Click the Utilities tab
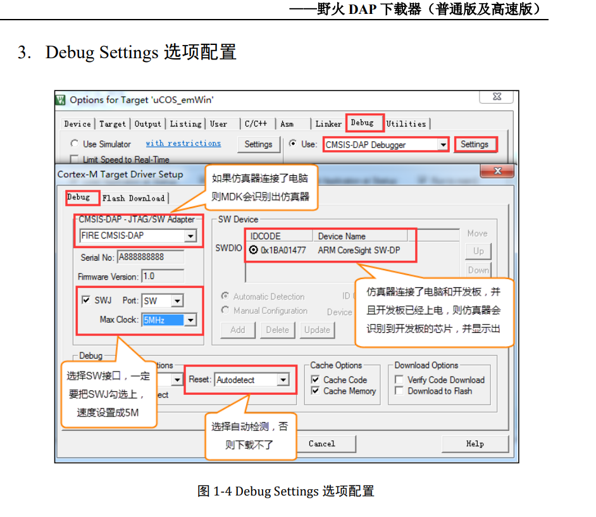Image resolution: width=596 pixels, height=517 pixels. coord(406,124)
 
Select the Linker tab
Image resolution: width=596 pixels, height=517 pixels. coord(328,124)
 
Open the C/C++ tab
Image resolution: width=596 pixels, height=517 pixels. coord(256,124)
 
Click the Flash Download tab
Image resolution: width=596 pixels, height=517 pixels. coord(133,198)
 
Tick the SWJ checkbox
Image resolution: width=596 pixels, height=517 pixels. coord(86,300)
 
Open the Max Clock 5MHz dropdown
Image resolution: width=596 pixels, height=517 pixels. coord(190,320)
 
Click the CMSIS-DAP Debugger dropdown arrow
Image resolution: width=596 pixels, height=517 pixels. coord(443,145)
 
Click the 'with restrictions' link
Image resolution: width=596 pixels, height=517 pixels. coord(183,144)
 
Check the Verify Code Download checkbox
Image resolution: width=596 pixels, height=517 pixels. coord(399,380)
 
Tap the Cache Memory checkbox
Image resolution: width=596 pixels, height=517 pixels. coord(315,391)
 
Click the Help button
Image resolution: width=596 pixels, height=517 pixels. coord(475,444)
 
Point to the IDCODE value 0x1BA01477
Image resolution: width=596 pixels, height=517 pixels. coord(283,250)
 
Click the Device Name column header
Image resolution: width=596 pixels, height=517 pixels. coord(342,236)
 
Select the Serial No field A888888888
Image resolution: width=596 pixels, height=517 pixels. coord(151,257)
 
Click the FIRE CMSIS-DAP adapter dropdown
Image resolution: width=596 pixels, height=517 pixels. coord(138,236)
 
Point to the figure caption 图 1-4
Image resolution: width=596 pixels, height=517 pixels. coord(285,491)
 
